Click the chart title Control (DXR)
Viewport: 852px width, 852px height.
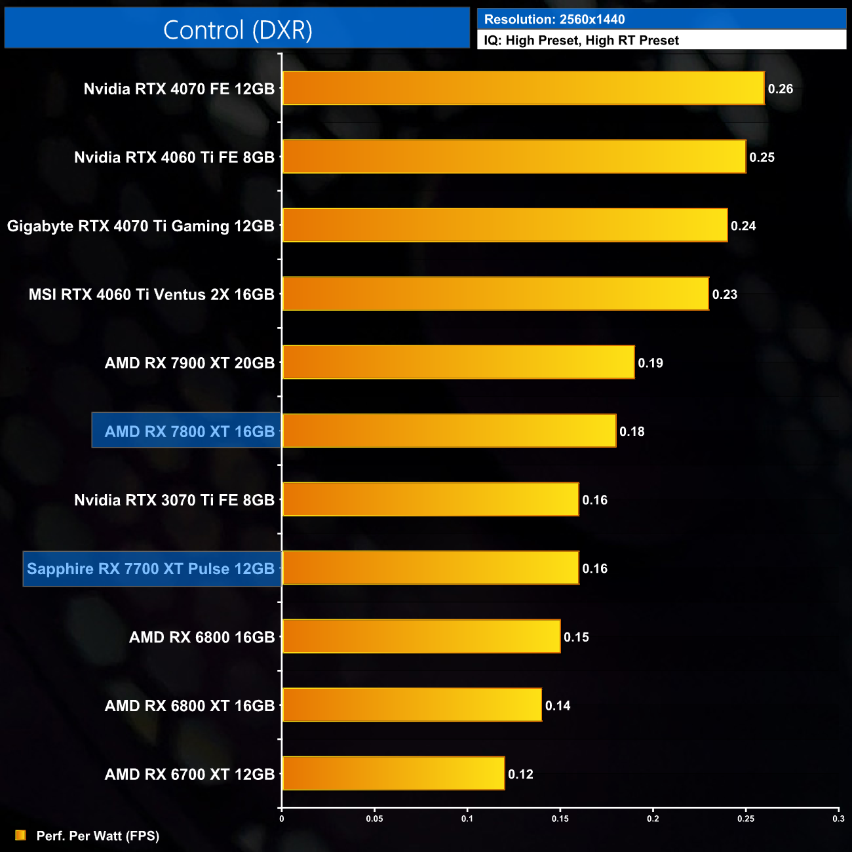[237, 30]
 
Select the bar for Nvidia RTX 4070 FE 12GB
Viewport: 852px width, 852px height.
[523, 88]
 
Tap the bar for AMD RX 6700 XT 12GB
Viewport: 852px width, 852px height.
[393, 774]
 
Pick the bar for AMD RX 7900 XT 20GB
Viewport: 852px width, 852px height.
[458, 362]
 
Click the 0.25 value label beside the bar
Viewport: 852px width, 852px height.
[762, 157]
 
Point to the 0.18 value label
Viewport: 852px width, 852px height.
[632, 431]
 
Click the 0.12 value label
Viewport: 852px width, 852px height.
[520, 774]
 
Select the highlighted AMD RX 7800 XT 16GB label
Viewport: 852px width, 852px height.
[189, 431]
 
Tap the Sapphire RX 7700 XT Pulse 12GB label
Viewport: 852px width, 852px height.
[151, 568]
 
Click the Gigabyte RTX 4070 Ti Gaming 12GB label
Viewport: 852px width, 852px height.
[141, 226]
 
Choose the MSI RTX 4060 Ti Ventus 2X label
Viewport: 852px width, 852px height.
[151, 294]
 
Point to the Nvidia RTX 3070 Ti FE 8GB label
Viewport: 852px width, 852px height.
[174, 500]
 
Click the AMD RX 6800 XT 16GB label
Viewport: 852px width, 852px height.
[189, 706]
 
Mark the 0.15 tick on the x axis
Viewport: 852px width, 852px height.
[560, 819]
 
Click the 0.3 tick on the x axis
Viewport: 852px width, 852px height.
[838, 819]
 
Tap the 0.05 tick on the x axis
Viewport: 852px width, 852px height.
[374, 819]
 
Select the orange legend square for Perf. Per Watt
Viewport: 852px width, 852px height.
[20, 836]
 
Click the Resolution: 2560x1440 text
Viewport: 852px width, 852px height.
[554, 20]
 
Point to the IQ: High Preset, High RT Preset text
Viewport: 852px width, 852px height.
[581, 41]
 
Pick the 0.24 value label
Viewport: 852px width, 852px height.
[743, 226]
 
